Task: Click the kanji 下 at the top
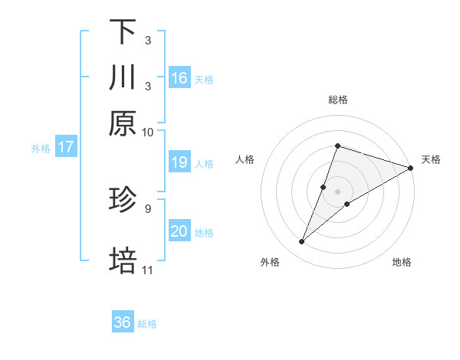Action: click(123, 32)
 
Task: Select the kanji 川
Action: click(123, 77)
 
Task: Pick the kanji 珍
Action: click(123, 199)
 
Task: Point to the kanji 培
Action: click(123, 260)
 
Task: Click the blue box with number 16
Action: click(179, 77)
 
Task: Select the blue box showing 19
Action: click(179, 162)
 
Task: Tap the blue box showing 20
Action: click(179, 231)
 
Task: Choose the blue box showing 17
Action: click(65, 147)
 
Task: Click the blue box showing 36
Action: click(123, 322)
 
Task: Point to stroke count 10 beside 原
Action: click(148, 132)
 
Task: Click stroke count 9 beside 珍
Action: click(147, 208)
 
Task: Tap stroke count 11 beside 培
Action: click(148, 270)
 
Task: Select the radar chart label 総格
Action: click(337, 100)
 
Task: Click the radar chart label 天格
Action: click(431, 159)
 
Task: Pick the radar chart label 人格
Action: click(245, 159)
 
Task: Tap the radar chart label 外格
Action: click(270, 262)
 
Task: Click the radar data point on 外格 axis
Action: click(302, 242)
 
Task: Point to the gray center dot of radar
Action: click(337, 191)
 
